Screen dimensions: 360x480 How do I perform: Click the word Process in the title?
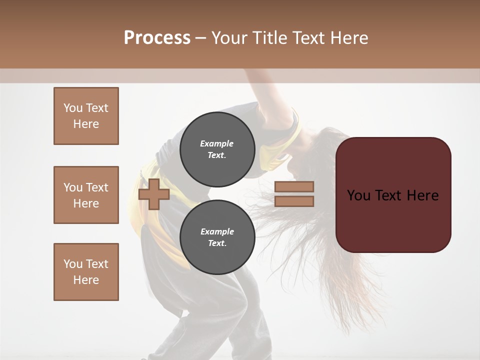tap(157, 37)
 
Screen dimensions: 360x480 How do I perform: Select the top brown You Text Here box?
tap(86, 116)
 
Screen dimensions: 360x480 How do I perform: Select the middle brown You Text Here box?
tap(86, 195)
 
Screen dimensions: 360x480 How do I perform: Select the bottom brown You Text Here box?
tap(86, 271)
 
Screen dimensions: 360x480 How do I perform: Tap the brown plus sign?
tap(154, 194)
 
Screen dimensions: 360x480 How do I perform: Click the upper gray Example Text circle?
tap(217, 149)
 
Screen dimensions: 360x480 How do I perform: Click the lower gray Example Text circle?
tap(217, 237)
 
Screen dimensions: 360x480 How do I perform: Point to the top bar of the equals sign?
tap(294, 187)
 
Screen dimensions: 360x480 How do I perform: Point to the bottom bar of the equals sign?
tap(294, 201)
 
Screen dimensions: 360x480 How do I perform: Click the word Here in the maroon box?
tap(422, 195)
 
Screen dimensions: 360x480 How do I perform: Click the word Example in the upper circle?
tap(217, 143)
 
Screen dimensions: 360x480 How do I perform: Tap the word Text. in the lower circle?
tap(217, 243)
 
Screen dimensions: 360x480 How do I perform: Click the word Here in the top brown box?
tap(86, 124)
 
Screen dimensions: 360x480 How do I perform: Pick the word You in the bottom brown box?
tap(73, 263)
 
